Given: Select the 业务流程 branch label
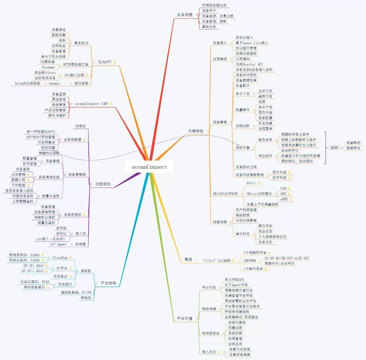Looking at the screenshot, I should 185,15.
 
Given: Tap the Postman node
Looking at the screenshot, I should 48,67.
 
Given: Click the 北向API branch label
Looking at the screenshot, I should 105,62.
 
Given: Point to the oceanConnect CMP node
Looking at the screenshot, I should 91,104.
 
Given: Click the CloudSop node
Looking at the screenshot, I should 60,258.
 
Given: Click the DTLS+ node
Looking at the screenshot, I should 251,183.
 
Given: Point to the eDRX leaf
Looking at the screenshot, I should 284,199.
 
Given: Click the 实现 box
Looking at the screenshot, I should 334,147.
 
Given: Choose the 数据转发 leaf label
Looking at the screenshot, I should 353,148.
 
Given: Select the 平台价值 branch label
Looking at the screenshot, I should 185,319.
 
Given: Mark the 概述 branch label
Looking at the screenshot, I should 188,259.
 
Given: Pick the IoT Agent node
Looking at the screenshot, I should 58,244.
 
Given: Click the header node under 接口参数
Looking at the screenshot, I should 54,83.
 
